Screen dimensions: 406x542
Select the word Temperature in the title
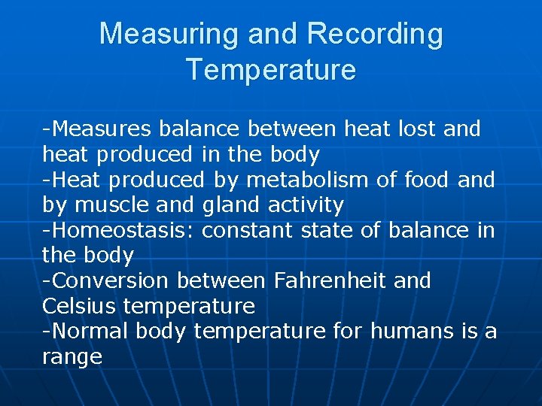coord(270,69)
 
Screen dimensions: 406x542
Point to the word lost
coord(416,129)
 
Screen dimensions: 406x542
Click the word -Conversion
coord(105,280)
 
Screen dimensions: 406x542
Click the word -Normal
coord(86,331)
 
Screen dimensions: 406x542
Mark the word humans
coord(412,331)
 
